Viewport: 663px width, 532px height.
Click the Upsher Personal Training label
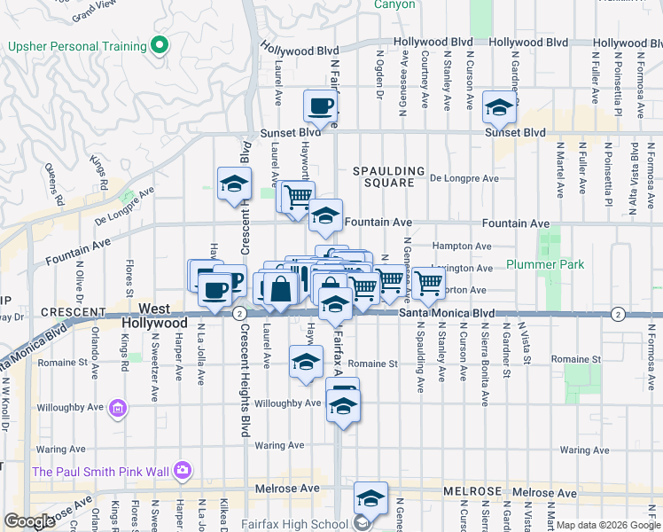point(76,46)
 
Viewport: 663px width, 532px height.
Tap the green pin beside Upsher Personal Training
point(160,44)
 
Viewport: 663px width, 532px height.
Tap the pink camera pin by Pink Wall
point(183,470)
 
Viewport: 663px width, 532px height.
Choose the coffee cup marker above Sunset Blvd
point(320,107)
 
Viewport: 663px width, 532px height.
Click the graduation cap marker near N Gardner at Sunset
point(499,110)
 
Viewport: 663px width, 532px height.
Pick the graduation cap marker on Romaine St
point(306,363)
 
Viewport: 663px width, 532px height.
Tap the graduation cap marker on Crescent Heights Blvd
point(235,184)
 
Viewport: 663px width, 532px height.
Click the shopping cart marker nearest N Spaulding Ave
point(428,284)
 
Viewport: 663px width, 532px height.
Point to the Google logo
point(28,521)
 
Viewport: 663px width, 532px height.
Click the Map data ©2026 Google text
point(608,525)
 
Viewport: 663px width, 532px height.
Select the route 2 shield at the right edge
point(618,314)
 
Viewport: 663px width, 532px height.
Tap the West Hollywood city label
point(154,316)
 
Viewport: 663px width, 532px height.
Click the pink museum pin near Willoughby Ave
point(118,409)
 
